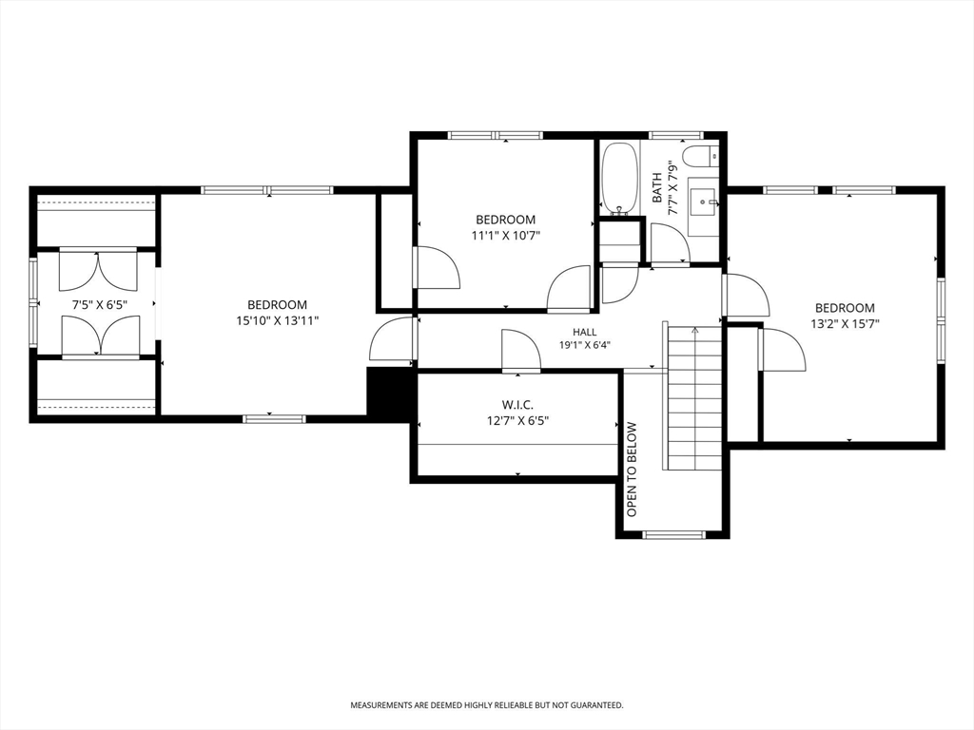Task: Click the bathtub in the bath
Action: pyautogui.click(x=619, y=178)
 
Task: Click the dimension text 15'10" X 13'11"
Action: pyautogui.click(x=277, y=321)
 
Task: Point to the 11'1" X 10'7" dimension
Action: pyautogui.click(x=506, y=236)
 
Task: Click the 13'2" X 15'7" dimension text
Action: pyautogui.click(x=845, y=323)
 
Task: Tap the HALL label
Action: pyautogui.click(x=585, y=332)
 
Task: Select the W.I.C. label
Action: pyautogui.click(x=517, y=405)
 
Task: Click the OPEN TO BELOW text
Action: pyautogui.click(x=633, y=470)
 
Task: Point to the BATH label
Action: pyautogui.click(x=657, y=188)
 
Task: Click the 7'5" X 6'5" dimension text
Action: pyautogui.click(x=100, y=305)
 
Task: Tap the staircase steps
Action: pyautogui.click(x=694, y=396)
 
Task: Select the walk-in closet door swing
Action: pyautogui.click(x=520, y=352)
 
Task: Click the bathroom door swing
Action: pyautogui.click(x=670, y=244)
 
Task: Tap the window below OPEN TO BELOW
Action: pyautogui.click(x=674, y=534)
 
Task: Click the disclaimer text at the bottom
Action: pyautogui.click(x=487, y=705)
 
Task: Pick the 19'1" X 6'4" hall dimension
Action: pyautogui.click(x=585, y=345)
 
